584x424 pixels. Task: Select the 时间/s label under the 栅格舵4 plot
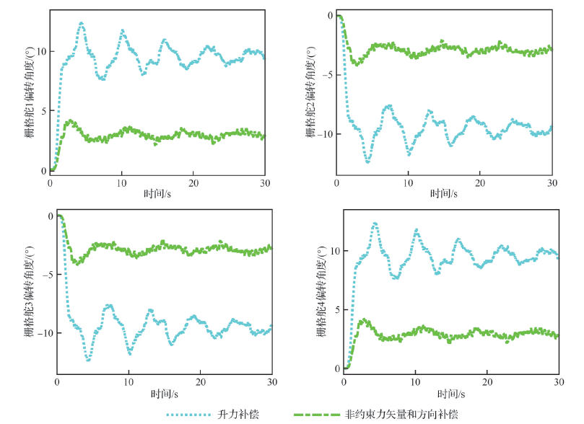point(451,394)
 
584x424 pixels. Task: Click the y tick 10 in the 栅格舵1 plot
point(40,52)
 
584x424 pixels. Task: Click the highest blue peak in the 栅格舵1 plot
point(81,23)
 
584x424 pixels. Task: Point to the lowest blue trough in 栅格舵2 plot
point(367,162)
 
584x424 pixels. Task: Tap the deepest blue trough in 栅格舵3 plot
point(88,359)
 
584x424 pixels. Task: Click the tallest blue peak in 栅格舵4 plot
point(375,224)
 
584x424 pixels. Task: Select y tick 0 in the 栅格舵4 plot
point(336,368)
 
